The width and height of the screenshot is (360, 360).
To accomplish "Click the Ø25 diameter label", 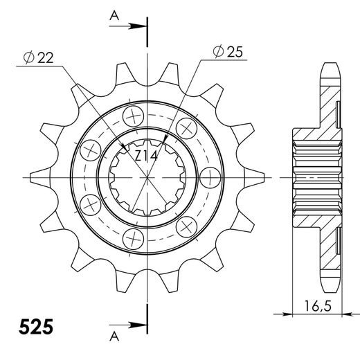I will click(x=227, y=52).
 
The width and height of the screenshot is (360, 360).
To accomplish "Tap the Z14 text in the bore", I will click(x=147, y=156).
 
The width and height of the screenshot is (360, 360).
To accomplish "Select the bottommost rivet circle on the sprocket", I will click(x=132, y=238).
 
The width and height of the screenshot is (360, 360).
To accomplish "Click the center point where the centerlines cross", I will click(x=147, y=177).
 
